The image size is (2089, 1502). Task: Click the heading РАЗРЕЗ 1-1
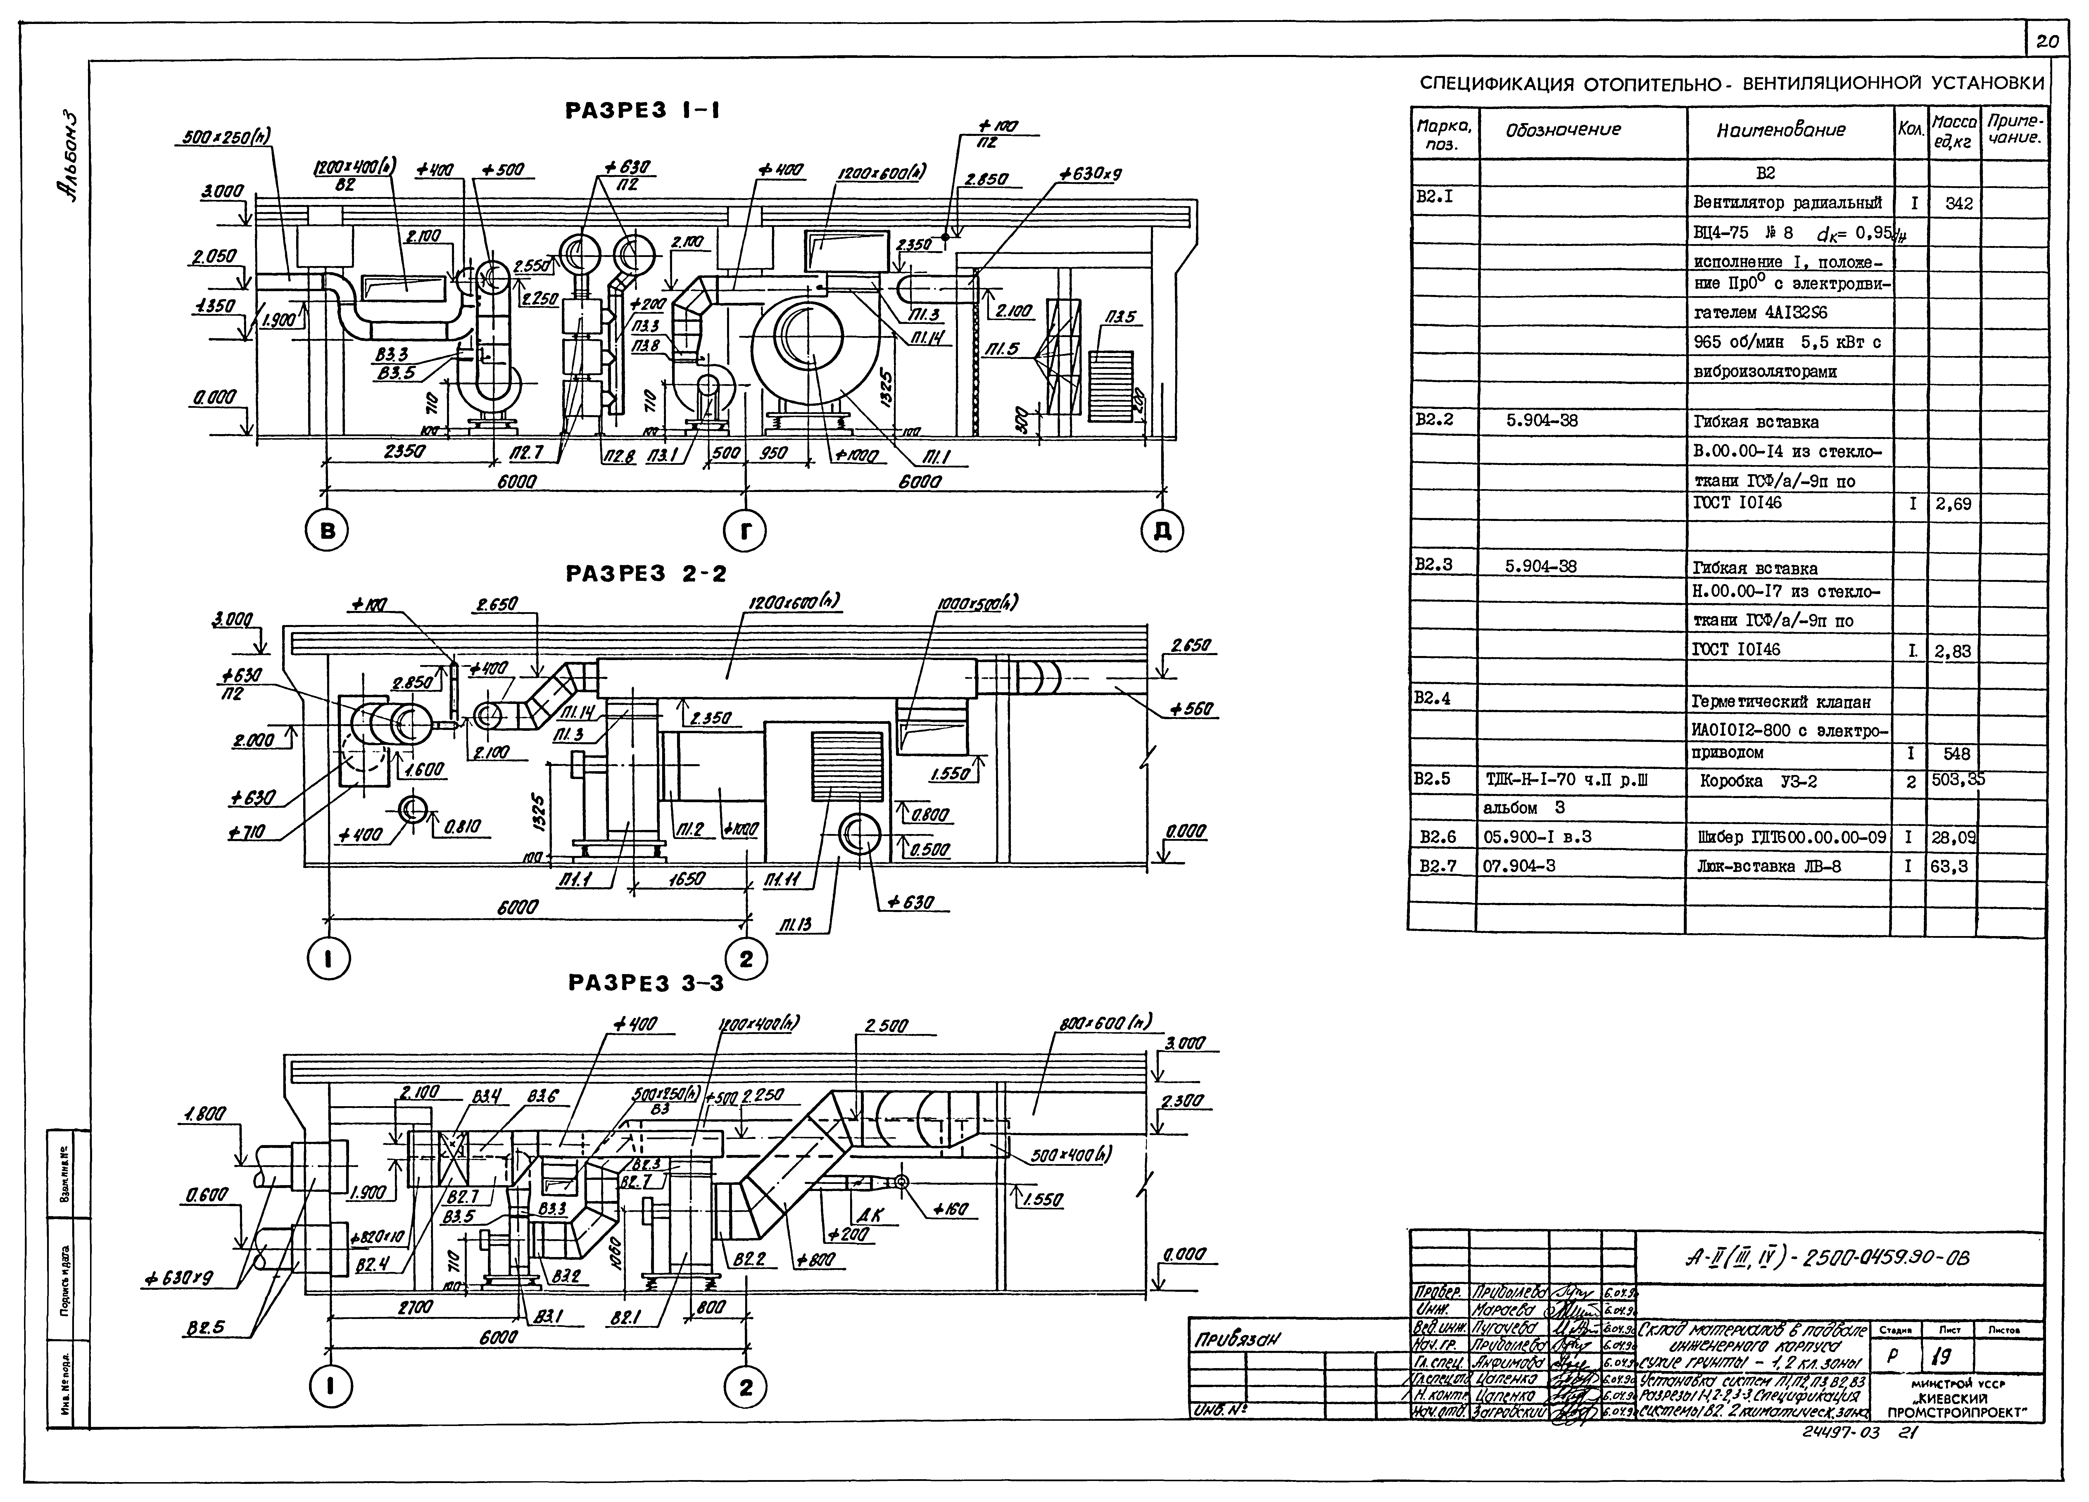pos(642,111)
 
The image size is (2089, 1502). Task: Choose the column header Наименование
pos(1780,130)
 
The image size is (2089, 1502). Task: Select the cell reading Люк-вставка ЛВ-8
pos(1769,866)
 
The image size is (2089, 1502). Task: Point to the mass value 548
pos(1956,753)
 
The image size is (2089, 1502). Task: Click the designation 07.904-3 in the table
pos(1519,866)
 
